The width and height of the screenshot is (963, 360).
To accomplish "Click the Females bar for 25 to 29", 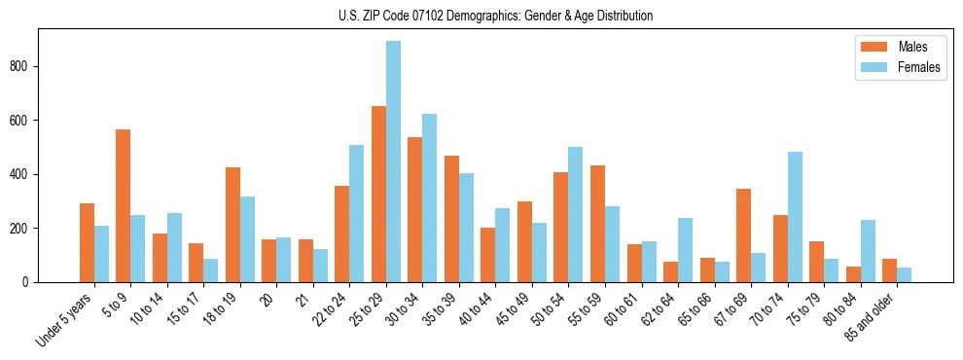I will pyautogui.click(x=393, y=162).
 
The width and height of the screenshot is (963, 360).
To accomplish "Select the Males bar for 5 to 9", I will pyautogui.click(x=124, y=205).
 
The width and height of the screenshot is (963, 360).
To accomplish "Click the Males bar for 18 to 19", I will pyautogui.click(x=232, y=225).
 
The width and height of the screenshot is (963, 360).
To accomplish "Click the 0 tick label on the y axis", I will pyautogui.click(x=29, y=282).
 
